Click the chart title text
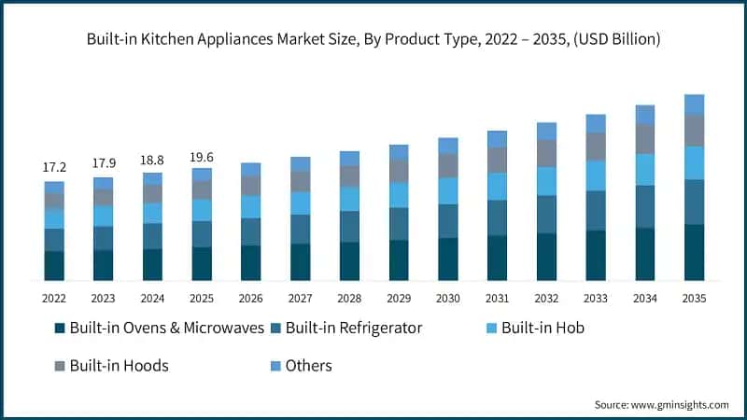373,39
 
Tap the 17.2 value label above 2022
54,167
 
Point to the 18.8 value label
152,160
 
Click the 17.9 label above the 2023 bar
103,164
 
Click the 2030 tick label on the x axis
448,298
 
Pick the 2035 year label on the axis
694,298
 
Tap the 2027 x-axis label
301,298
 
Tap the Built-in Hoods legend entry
119,365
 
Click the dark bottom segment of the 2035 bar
694,252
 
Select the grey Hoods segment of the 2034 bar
645,139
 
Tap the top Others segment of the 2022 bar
54,187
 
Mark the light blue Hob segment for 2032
546,181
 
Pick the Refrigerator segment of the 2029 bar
399,223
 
